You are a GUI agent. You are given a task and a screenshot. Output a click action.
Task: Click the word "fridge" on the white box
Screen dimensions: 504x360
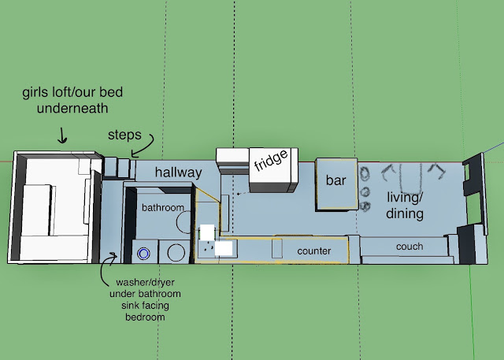271,160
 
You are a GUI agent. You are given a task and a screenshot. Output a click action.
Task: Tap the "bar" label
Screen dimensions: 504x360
336,180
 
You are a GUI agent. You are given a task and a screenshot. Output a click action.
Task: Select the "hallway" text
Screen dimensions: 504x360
179,173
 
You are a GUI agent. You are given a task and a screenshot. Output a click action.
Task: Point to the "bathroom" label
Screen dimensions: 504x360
163,208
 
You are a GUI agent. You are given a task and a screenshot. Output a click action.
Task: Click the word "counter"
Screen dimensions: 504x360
314,251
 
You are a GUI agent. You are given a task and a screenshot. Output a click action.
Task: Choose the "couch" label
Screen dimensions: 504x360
409,247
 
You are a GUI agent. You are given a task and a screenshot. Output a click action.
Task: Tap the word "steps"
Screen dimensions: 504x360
124,135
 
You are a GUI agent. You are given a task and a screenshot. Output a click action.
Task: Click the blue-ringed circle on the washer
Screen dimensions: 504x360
143,254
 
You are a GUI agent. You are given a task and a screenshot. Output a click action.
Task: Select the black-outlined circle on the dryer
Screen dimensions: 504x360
176,253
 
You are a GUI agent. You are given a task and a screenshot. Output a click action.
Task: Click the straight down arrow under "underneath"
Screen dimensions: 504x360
62,135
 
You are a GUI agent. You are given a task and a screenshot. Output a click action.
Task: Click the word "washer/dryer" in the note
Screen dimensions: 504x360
145,283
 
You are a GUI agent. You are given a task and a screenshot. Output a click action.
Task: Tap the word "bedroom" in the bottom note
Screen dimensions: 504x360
145,317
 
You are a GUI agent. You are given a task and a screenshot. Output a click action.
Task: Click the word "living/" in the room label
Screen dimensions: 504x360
405,198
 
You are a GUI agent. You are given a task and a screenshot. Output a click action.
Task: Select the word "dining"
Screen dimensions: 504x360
405,213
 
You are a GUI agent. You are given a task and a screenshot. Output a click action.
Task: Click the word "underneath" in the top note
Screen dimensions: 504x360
72,108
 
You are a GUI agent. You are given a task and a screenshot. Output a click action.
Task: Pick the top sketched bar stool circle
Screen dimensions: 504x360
365,173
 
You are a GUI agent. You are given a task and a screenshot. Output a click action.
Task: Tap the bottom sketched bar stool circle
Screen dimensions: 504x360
365,206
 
